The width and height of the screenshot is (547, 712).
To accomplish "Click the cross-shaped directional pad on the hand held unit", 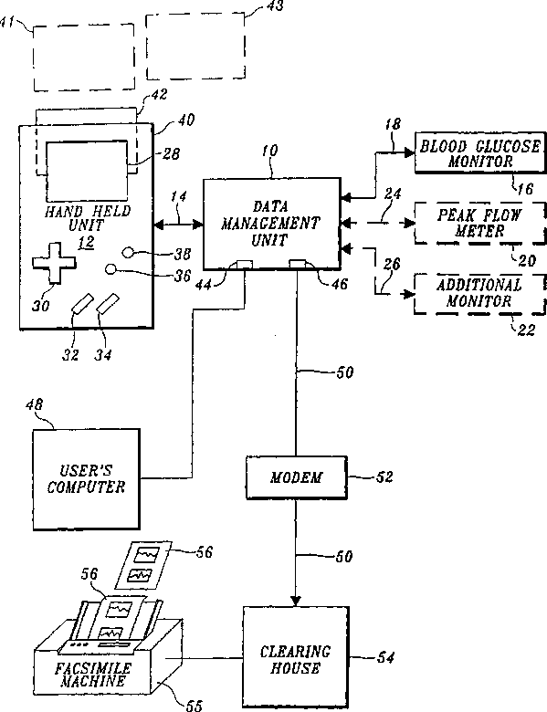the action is (54, 263).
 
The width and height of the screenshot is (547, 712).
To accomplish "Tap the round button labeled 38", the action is (128, 252).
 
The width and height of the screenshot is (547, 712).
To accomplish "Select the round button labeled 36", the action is (110, 269).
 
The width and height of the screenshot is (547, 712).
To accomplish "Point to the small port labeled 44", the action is (245, 264).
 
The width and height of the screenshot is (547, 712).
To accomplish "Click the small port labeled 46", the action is (298, 264).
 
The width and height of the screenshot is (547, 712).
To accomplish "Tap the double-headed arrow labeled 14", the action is (179, 224).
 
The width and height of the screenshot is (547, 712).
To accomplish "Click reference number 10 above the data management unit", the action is (270, 151).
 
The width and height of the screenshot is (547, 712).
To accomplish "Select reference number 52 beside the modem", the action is (384, 476).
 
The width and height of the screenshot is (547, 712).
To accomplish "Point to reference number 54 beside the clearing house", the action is (385, 657).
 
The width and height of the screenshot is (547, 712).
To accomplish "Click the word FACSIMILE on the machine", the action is (93, 668).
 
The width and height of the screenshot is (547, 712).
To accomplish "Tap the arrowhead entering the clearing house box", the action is (296, 602).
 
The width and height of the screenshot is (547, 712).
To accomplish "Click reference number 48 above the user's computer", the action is (34, 404).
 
